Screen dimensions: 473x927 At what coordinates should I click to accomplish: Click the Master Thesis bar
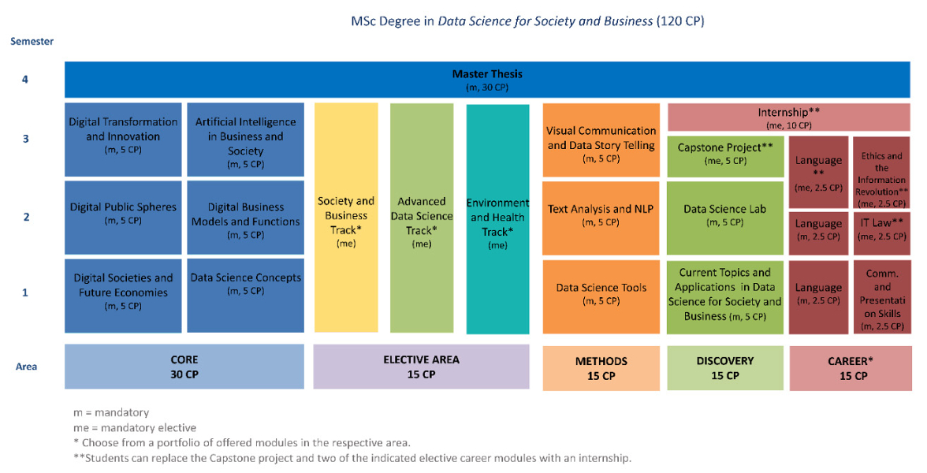[x=487, y=80]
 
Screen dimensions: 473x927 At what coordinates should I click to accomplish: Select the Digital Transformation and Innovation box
[x=123, y=139]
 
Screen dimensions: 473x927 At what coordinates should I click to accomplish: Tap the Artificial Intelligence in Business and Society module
[x=245, y=139]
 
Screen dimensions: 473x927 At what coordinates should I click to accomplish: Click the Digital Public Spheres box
[x=123, y=217]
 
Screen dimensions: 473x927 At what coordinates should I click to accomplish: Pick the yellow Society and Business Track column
[x=345, y=217]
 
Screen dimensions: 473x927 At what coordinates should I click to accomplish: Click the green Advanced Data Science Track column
[x=422, y=217]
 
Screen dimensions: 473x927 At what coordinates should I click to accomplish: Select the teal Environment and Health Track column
[x=497, y=218]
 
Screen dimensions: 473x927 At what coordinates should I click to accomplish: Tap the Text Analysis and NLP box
[x=601, y=217]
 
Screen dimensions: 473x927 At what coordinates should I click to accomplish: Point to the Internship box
[x=789, y=117]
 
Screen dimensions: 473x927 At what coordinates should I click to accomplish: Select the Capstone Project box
[x=724, y=155]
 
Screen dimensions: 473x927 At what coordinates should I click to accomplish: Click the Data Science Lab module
[x=724, y=217]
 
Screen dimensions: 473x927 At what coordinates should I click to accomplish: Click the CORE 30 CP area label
[x=184, y=367]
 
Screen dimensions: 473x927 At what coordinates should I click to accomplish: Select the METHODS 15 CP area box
[x=601, y=367]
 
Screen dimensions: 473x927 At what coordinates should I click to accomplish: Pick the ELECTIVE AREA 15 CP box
[x=421, y=367]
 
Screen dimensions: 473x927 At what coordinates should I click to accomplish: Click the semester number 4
[x=25, y=80]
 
